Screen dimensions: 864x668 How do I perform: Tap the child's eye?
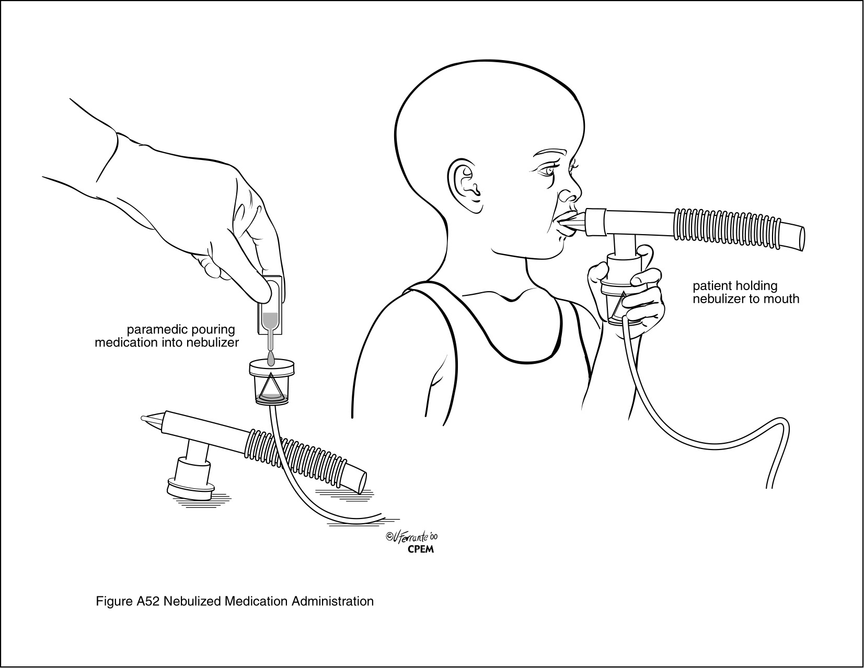point(547,171)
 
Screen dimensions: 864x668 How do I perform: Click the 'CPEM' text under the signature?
point(421,550)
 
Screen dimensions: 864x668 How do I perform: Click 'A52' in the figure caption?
point(147,601)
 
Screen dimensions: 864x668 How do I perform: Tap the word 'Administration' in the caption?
point(333,601)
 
